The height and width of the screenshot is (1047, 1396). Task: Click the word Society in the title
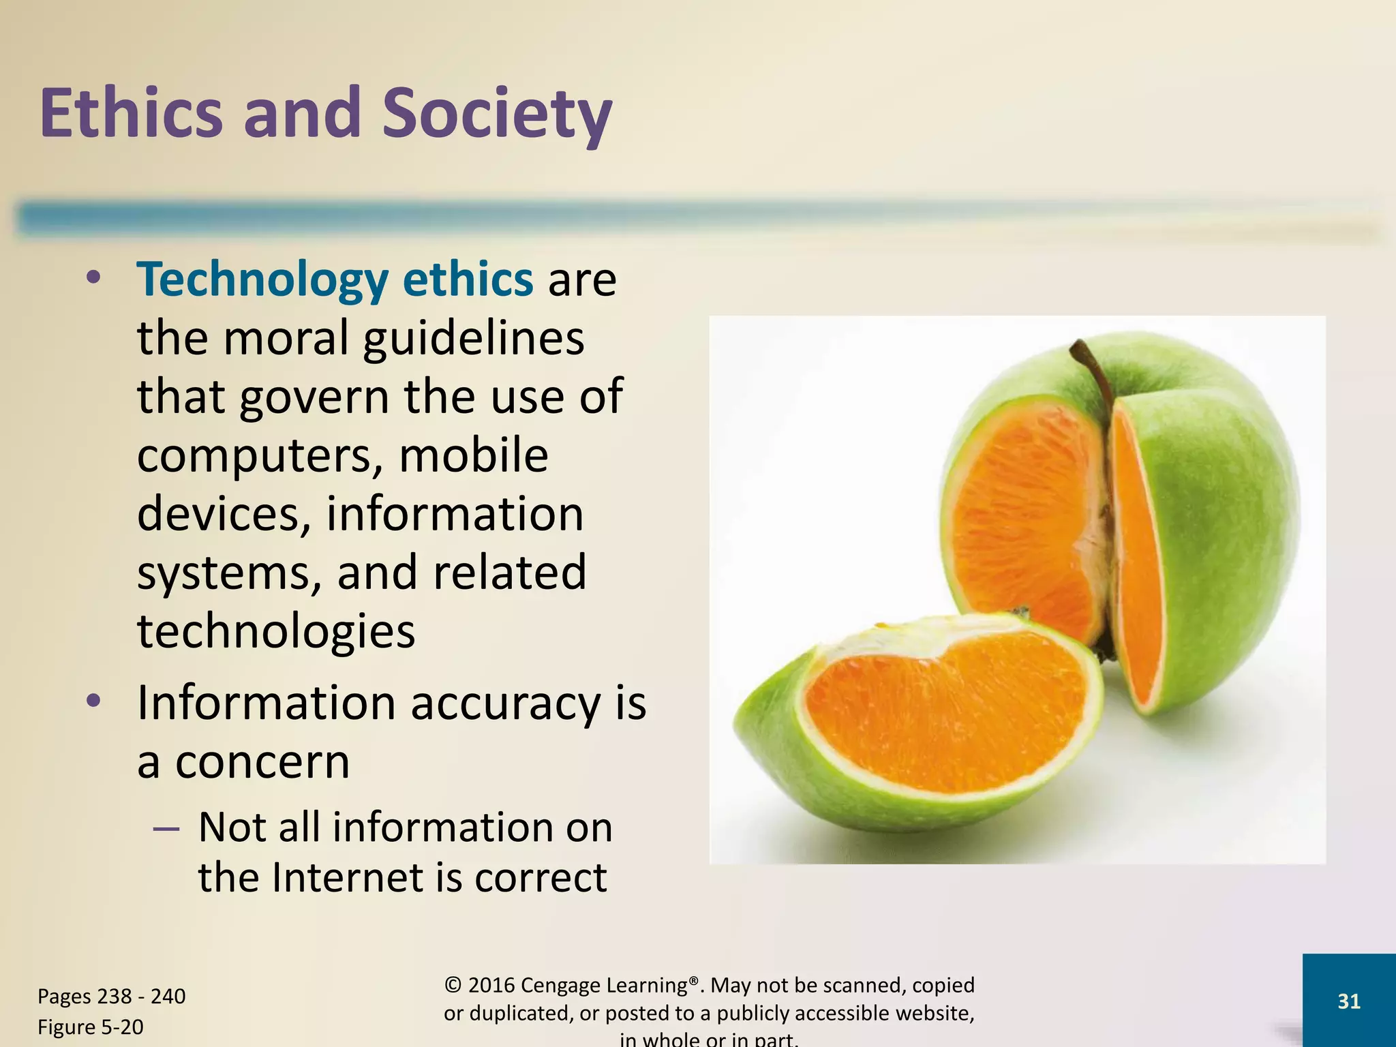(x=496, y=115)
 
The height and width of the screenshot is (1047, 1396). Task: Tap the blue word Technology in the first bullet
(x=262, y=279)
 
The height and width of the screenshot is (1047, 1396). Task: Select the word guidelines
(x=473, y=338)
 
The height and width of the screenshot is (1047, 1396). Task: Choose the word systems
(x=229, y=574)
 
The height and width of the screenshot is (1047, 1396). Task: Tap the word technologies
(x=276, y=633)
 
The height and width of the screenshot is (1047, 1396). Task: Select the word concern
(x=262, y=762)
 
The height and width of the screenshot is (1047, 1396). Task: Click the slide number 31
(x=1348, y=1001)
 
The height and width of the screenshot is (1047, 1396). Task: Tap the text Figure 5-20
(x=91, y=1027)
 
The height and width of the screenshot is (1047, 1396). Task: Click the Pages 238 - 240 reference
(x=111, y=997)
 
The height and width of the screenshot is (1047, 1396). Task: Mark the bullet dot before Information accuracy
(x=93, y=701)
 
